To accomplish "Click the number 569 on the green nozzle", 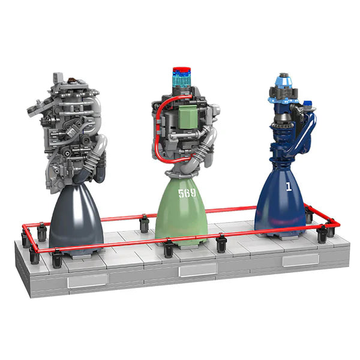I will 187,194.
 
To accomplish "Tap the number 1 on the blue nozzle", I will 289,187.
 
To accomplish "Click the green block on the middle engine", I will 193,118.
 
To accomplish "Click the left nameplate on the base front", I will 87,281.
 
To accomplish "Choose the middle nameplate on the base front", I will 198,270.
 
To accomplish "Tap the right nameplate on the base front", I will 301,260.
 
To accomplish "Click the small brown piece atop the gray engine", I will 72,79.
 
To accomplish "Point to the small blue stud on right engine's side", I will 308,104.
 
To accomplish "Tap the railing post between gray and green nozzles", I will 144,224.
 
